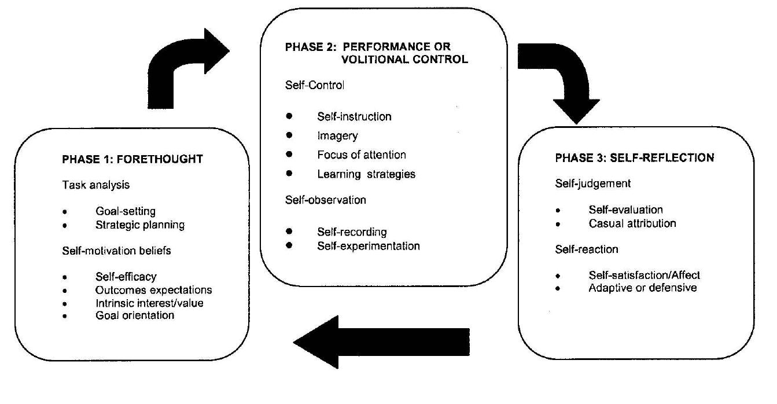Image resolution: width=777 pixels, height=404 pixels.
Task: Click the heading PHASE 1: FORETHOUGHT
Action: [132, 160]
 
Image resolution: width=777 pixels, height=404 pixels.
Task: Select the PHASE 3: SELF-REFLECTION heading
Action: [634, 158]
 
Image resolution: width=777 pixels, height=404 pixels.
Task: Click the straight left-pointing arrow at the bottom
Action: [382, 342]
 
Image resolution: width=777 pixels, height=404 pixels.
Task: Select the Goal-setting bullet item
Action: [126, 211]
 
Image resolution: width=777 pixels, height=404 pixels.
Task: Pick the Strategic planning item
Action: [140, 225]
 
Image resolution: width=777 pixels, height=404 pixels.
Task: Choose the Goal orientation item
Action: [135, 315]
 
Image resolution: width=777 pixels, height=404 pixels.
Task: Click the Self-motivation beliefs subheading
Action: [116, 251]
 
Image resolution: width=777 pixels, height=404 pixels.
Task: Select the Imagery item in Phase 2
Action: [337, 136]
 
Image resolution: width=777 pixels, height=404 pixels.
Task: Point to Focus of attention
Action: [361, 155]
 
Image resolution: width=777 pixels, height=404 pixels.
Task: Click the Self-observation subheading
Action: [325, 200]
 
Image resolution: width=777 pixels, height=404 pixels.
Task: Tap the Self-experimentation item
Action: [368, 245]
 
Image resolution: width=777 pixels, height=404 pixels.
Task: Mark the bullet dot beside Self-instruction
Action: [289, 116]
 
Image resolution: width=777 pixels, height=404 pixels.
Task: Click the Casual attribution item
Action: [632, 223]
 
